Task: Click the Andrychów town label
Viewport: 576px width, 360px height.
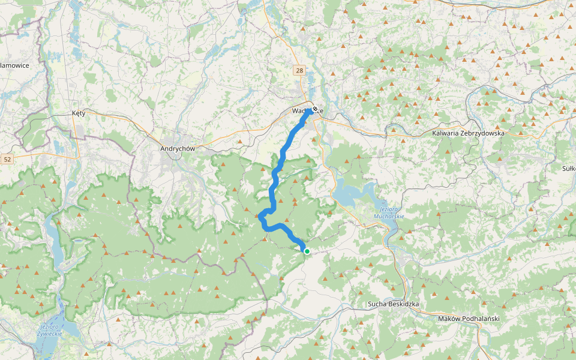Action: pyautogui.click(x=179, y=148)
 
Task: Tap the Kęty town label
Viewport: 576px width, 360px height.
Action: pyautogui.click(x=79, y=113)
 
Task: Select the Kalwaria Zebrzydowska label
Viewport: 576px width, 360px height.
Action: pyautogui.click(x=468, y=133)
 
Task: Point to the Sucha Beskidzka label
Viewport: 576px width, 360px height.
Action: pyautogui.click(x=393, y=304)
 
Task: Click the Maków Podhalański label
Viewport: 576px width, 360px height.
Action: pyautogui.click(x=469, y=319)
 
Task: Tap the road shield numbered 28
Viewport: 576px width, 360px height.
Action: pyautogui.click(x=299, y=71)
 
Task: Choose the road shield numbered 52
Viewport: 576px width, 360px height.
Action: pyautogui.click(x=7, y=159)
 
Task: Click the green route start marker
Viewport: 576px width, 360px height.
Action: pyautogui.click(x=307, y=251)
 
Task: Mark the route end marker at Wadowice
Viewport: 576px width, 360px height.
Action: pyautogui.click(x=314, y=109)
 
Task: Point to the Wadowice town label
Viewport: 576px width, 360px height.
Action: pyautogui.click(x=300, y=111)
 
